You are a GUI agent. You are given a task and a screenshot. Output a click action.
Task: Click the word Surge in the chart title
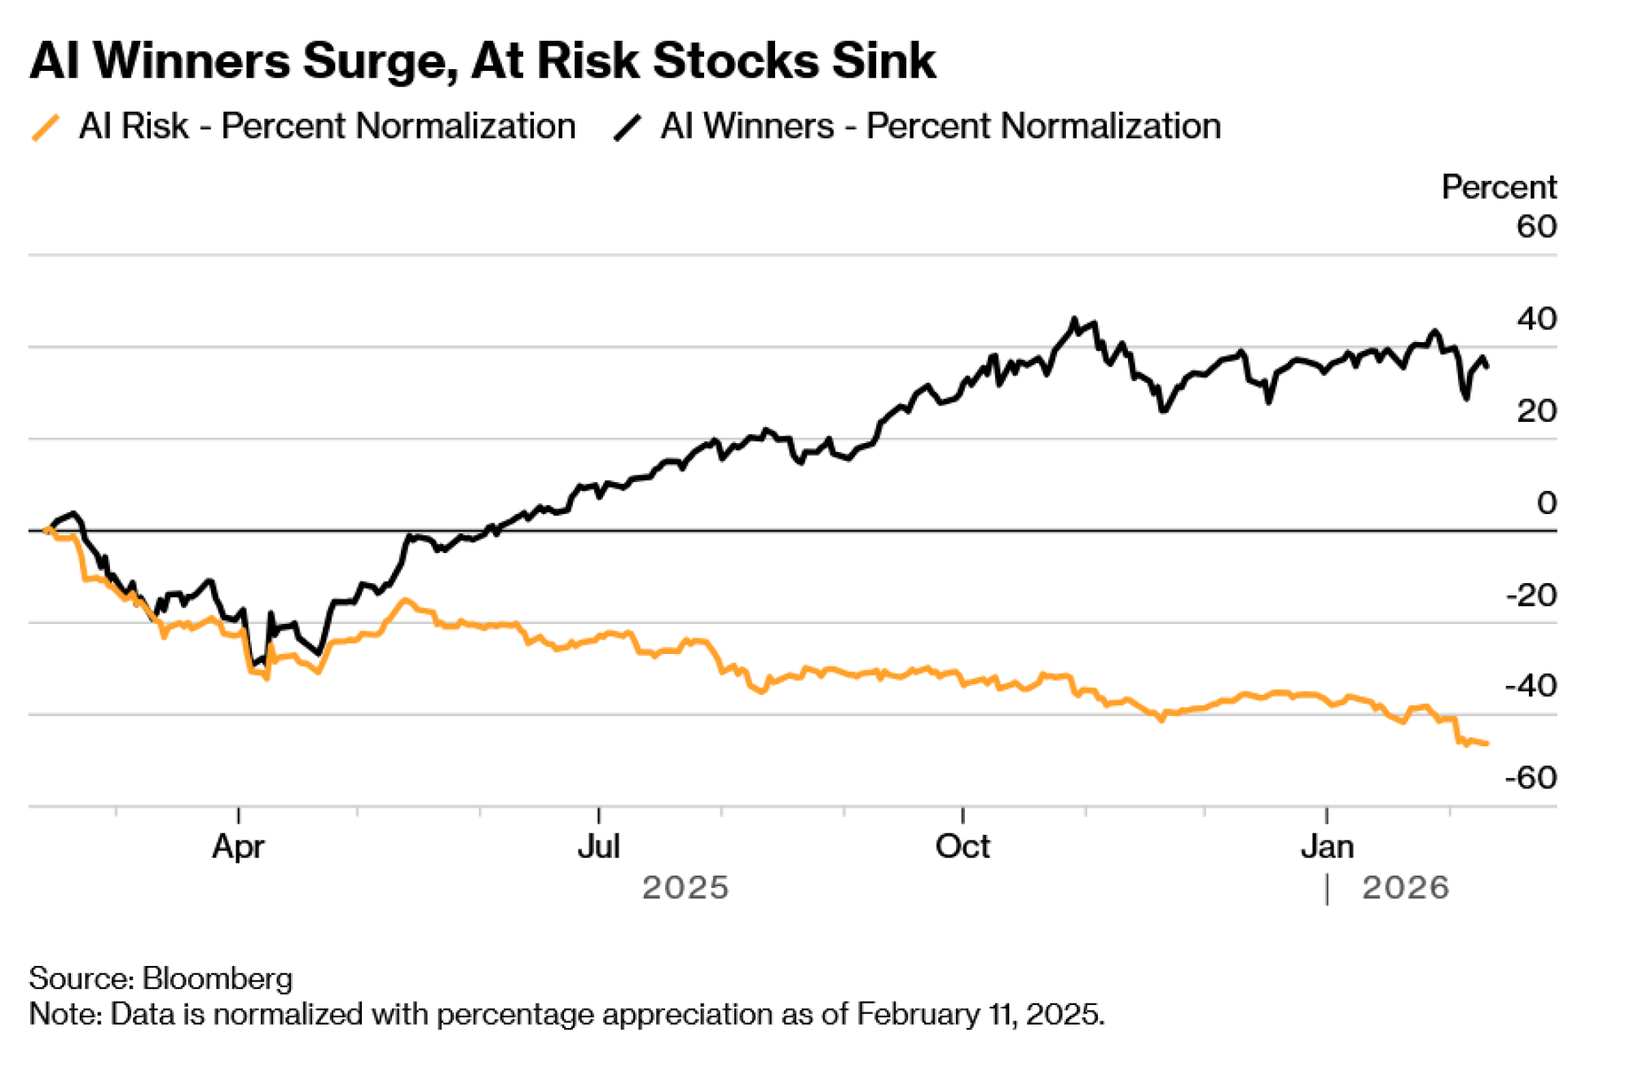tap(377, 61)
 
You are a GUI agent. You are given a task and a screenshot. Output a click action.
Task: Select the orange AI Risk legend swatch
tap(46, 128)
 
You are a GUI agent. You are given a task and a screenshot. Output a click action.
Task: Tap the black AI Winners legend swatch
tap(628, 128)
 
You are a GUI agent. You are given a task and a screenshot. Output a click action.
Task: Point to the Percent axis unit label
tap(1498, 187)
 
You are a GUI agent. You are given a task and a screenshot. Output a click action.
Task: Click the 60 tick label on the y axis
tap(1536, 226)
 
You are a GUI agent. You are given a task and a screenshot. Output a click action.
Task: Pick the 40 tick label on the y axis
tap(1536, 318)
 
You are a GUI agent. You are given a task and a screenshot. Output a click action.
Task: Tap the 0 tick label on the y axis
tap(1546, 503)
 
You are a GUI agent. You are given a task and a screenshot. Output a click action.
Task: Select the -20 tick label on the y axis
tap(1531, 595)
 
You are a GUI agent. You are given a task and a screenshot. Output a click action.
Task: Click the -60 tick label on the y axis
tap(1531, 778)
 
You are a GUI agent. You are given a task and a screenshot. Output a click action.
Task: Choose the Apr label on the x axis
tap(238, 847)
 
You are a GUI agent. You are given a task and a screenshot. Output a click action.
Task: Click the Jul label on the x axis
tap(599, 847)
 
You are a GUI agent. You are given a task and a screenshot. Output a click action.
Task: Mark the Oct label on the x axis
tap(963, 847)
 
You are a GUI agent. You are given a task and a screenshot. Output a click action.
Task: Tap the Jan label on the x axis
tap(1327, 847)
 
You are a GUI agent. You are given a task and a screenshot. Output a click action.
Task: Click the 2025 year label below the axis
tap(685, 888)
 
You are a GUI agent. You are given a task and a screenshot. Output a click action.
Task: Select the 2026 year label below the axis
tap(1406, 888)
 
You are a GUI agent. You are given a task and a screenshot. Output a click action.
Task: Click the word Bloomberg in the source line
tap(218, 978)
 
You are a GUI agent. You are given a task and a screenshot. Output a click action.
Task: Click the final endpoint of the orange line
tap(1487, 743)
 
